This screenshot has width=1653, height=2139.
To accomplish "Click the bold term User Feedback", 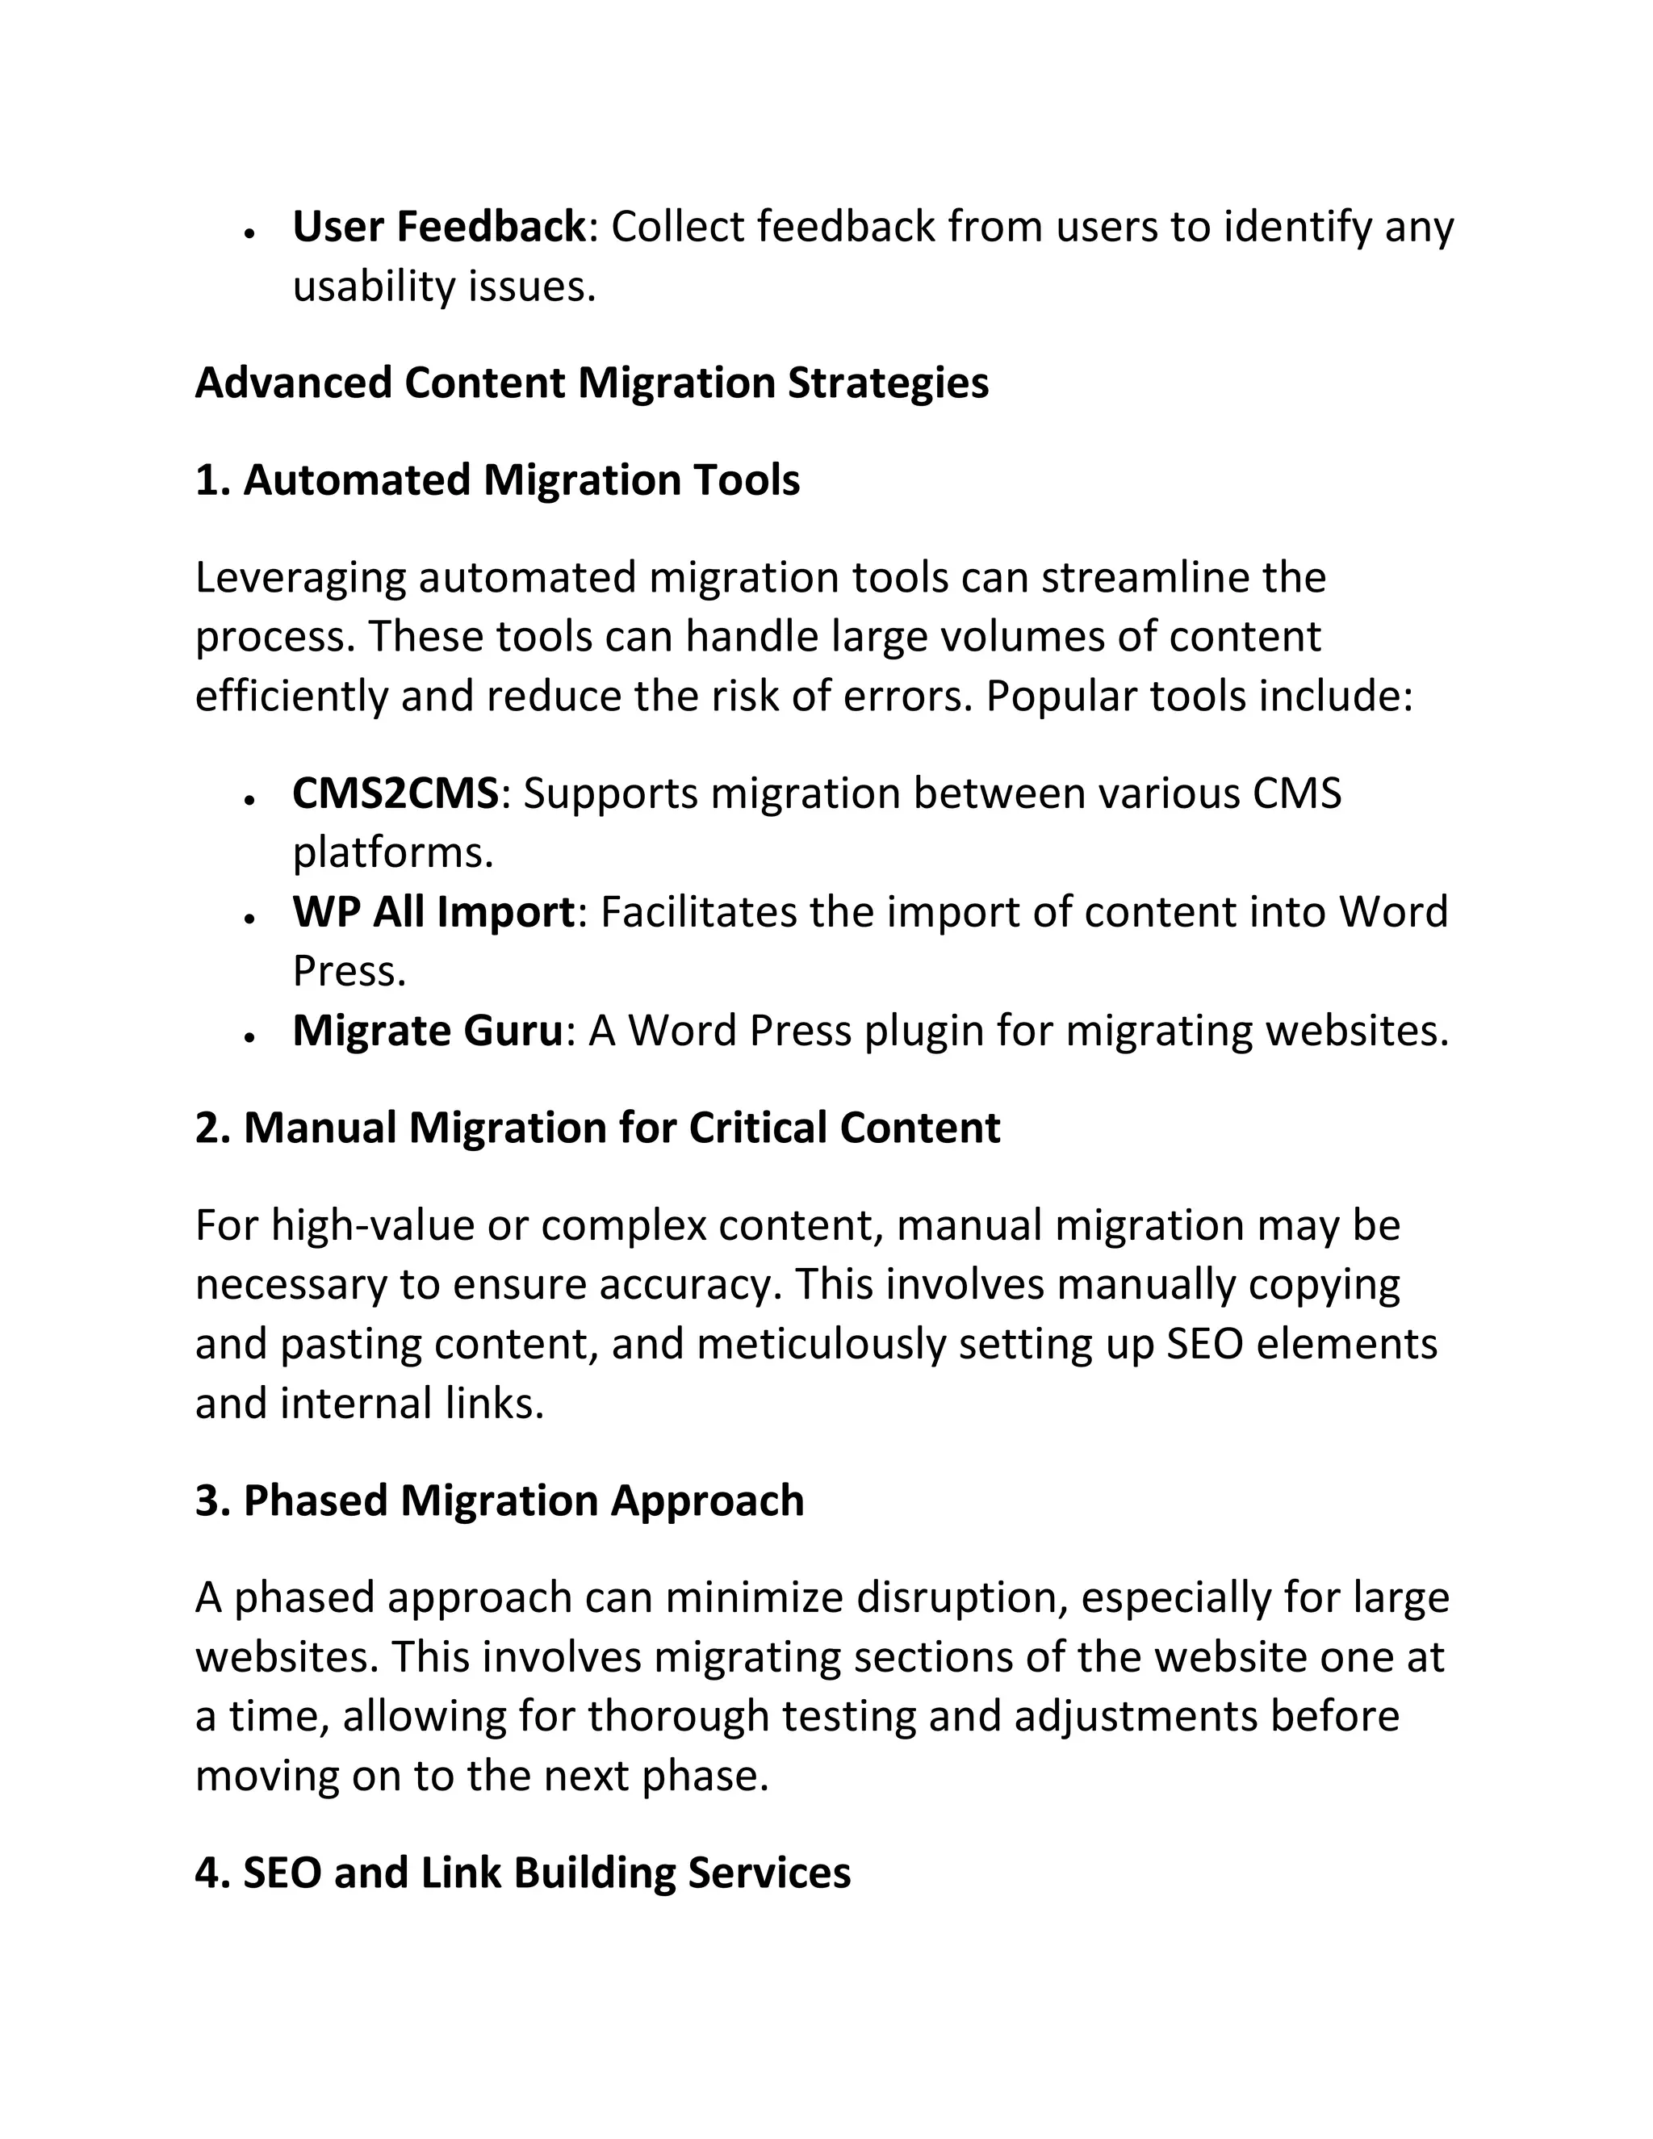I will pos(437,228).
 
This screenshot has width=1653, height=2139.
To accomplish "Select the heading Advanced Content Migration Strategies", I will pos(592,383).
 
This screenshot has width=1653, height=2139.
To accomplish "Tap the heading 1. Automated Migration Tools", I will pos(497,481).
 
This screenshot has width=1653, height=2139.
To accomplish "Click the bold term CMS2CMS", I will pos(395,793).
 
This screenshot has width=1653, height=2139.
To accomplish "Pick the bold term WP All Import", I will pos(433,913).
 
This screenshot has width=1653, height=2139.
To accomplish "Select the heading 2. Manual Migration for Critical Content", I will pos(597,1128).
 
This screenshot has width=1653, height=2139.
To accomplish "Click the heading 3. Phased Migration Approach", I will pos(500,1501).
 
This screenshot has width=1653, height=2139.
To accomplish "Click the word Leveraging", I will pos(299,579).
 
